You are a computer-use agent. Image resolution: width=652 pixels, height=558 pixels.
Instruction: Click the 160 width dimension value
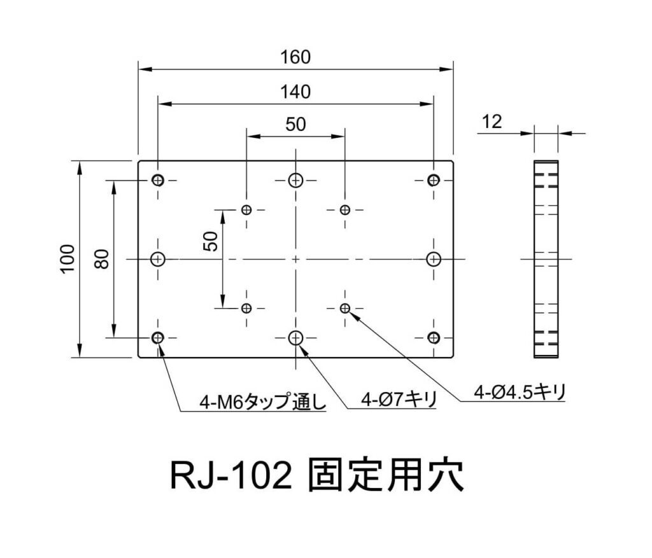tap(295, 57)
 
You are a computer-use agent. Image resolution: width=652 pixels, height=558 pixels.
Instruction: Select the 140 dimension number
tap(295, 92)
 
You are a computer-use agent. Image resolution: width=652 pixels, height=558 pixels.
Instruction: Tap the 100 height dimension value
tap(68, 258)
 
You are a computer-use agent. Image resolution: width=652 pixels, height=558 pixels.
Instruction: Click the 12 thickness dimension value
tap(492, 122)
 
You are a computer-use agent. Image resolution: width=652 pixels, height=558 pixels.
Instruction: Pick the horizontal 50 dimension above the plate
tap(295, 124)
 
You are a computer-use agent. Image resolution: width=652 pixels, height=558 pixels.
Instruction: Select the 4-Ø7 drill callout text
tap(398, 400)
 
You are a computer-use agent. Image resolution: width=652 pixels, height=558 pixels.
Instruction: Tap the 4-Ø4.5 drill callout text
tap(520, 391)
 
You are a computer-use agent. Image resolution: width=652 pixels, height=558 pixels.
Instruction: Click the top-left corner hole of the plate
tap(158, 180)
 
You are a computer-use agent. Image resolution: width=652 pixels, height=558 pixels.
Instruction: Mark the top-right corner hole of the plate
tap(434, 180)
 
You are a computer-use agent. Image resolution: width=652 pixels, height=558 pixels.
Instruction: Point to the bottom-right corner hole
tap(434, 337)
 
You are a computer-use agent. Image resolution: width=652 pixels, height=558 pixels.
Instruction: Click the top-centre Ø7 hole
tap(295, 180)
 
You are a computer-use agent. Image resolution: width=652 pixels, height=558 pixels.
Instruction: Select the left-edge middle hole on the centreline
tap(158, 259)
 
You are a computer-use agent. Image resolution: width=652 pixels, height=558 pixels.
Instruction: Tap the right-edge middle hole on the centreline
tap(434, 259)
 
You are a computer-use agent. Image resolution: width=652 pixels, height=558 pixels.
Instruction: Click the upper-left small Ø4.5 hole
tap(247, 210)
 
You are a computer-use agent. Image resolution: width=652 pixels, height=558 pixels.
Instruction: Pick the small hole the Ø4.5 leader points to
tap(345, 309)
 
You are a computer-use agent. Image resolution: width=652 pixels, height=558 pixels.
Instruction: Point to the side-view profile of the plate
tap(546, 259)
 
